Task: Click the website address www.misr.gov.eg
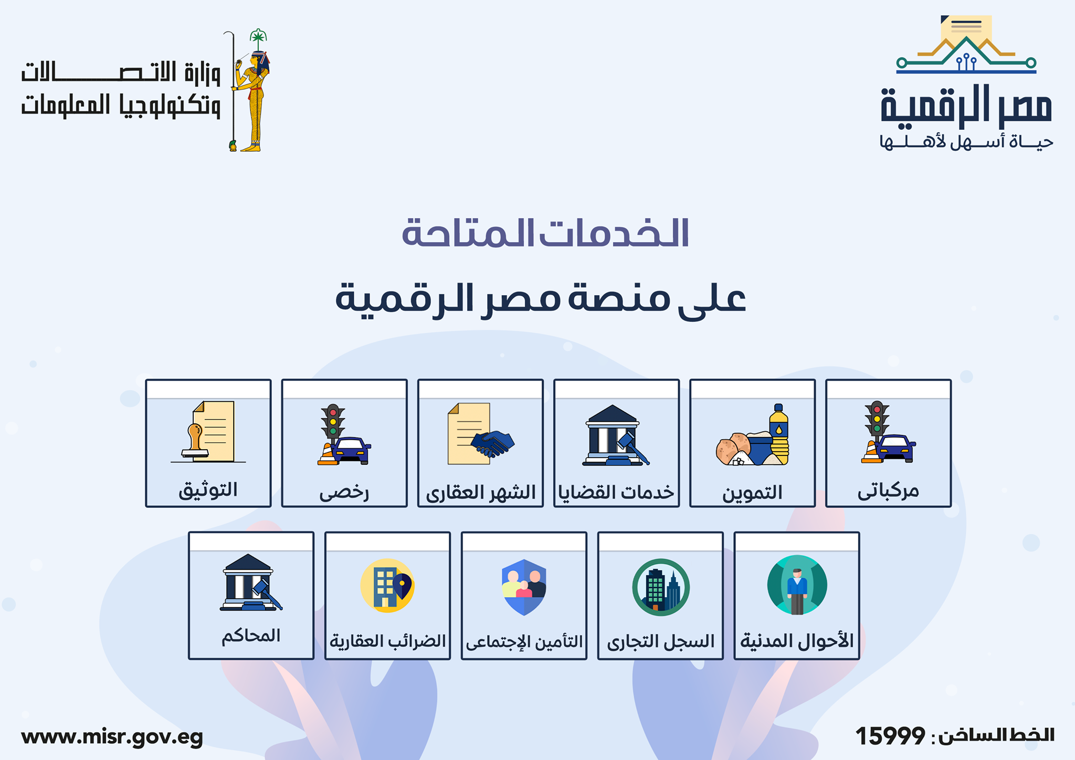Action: [x=112, y=737]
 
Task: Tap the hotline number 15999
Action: [x=890, y=736]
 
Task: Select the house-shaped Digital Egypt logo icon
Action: [x=966, y=45]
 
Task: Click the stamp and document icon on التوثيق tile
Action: [x=208, y=432]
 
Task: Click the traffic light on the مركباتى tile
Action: [x=877, y=420]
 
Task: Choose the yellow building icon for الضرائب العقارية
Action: [x=387, y=586]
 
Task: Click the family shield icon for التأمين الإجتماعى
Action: [x=524, y=587]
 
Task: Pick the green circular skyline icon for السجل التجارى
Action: [x=660, y=587]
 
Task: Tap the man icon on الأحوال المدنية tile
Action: [x=797, y=591]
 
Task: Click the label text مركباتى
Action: [x=888, y=491]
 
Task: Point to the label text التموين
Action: [x=752, y=492]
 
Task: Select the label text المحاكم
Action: [x=251, y=636]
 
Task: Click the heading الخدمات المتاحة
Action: [x=545, y=233]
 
